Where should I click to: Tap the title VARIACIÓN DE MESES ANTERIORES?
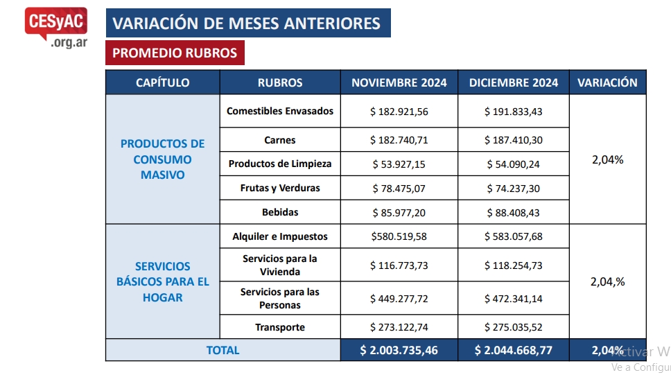click(247, 23)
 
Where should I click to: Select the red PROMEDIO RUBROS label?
click(175, 53)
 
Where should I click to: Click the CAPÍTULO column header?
click(163, 82)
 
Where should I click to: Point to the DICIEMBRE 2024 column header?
click(514, 82)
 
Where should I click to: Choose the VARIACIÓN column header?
click(607, 82)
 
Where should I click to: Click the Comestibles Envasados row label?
click(280, 111)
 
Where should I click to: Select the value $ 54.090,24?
click(514, 164)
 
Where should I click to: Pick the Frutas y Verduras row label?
click(280, 188)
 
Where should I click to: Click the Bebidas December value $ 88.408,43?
click(514, 211)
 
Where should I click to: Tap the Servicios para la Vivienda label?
click(280, 263)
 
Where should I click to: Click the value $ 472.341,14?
click(514, 299)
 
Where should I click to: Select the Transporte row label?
click(280, 327)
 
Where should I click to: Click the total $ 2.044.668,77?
click(514, 350)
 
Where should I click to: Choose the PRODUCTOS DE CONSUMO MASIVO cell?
click(163, 159)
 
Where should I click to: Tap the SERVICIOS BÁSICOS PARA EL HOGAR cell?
click(163, 281)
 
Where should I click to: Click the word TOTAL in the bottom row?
click(223, 350)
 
